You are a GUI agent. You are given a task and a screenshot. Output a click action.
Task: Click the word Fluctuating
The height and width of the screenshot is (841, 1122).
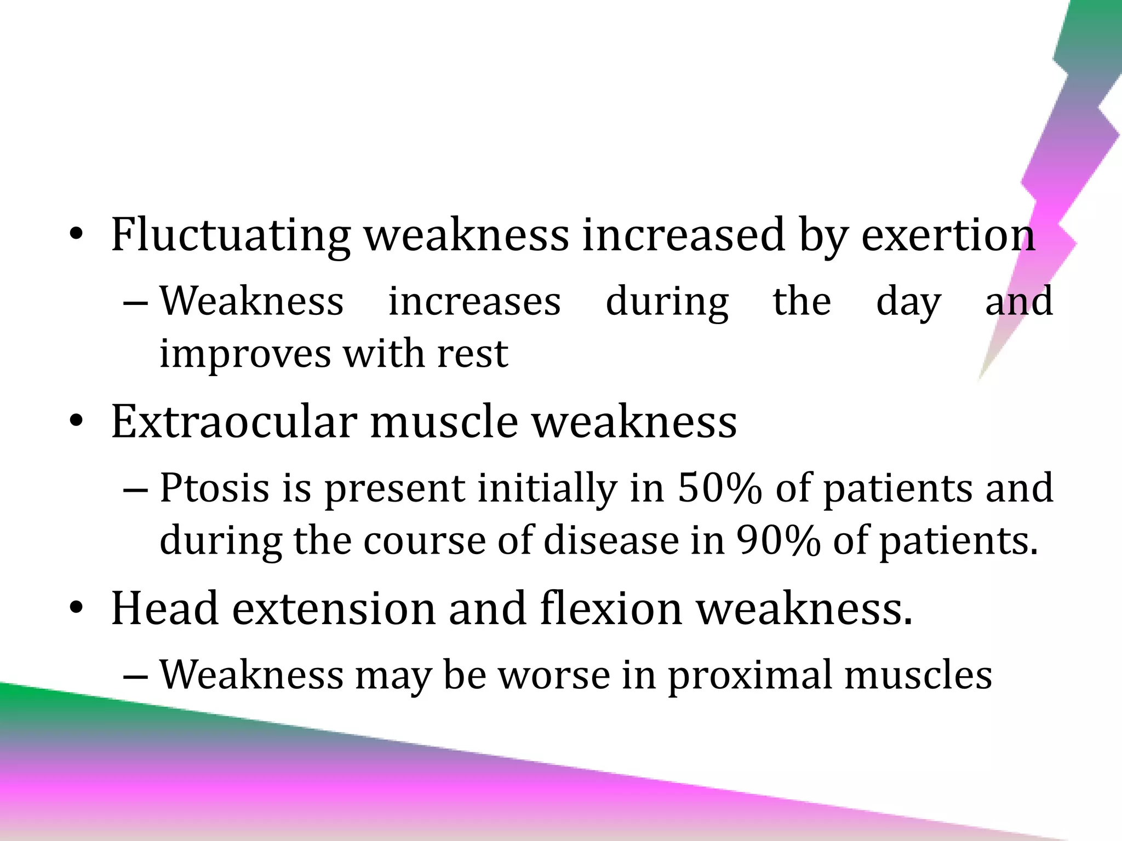[230, 235]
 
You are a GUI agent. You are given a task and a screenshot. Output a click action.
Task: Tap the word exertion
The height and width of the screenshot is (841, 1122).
[948, 235]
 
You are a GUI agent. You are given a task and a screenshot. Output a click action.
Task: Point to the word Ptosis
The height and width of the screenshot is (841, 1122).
[214, 487]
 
